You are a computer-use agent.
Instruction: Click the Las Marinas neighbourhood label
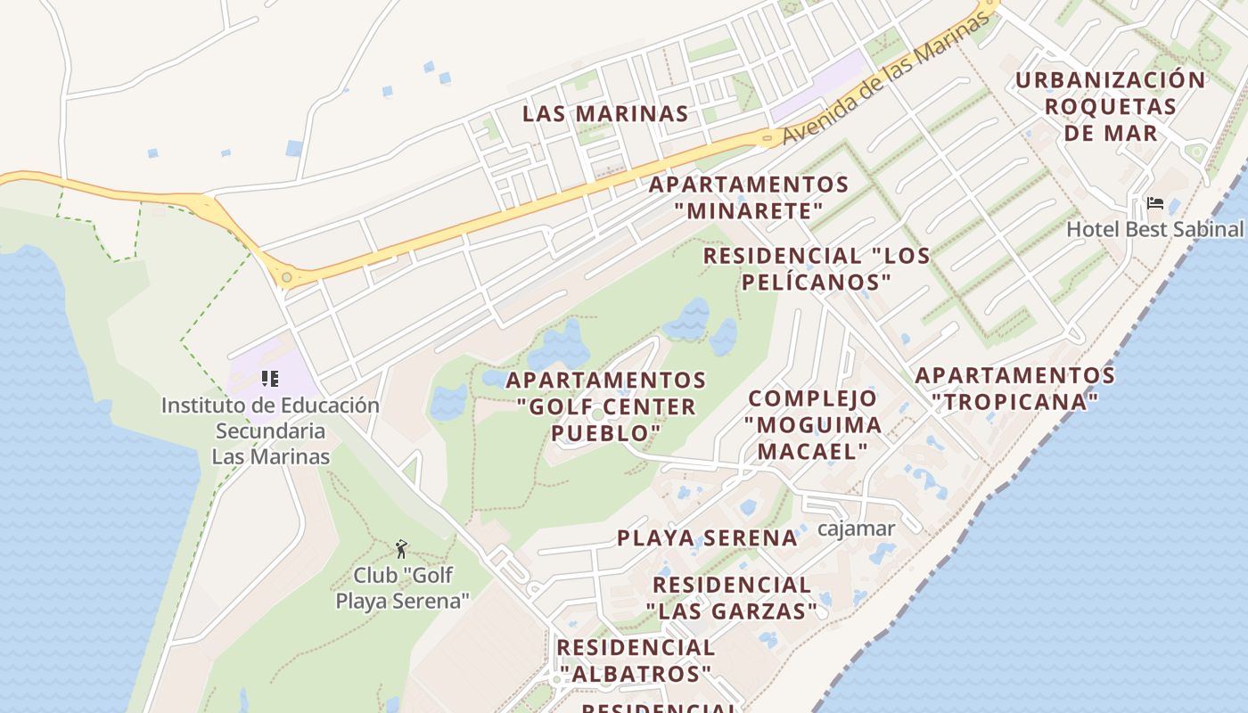(605, 114)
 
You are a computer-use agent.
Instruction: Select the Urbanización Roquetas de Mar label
(1110, 106)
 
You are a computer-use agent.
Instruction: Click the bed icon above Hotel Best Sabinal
(1155, 204)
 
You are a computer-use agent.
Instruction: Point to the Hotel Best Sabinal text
(1154, 229)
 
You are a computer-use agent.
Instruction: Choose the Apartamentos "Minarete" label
(749, 198)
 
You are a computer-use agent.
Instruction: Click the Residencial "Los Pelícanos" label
(817, 269)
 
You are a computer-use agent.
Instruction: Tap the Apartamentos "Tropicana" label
(1014, 389)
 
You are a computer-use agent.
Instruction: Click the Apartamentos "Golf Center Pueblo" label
(606, 406)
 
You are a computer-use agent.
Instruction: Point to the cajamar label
(856, 529)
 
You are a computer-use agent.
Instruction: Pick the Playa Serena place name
(708, 538)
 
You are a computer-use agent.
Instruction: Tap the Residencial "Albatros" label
(636, 660)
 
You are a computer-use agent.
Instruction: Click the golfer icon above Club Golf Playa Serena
(401, 548)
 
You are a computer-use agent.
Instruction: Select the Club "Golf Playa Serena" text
(403, 587)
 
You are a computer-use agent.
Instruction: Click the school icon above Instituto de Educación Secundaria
(270, 379)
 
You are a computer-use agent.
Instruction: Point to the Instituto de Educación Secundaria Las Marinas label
(270, 430)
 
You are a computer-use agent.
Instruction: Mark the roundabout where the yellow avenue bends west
(286, 278)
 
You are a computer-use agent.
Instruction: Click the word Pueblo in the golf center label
(606, 433)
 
